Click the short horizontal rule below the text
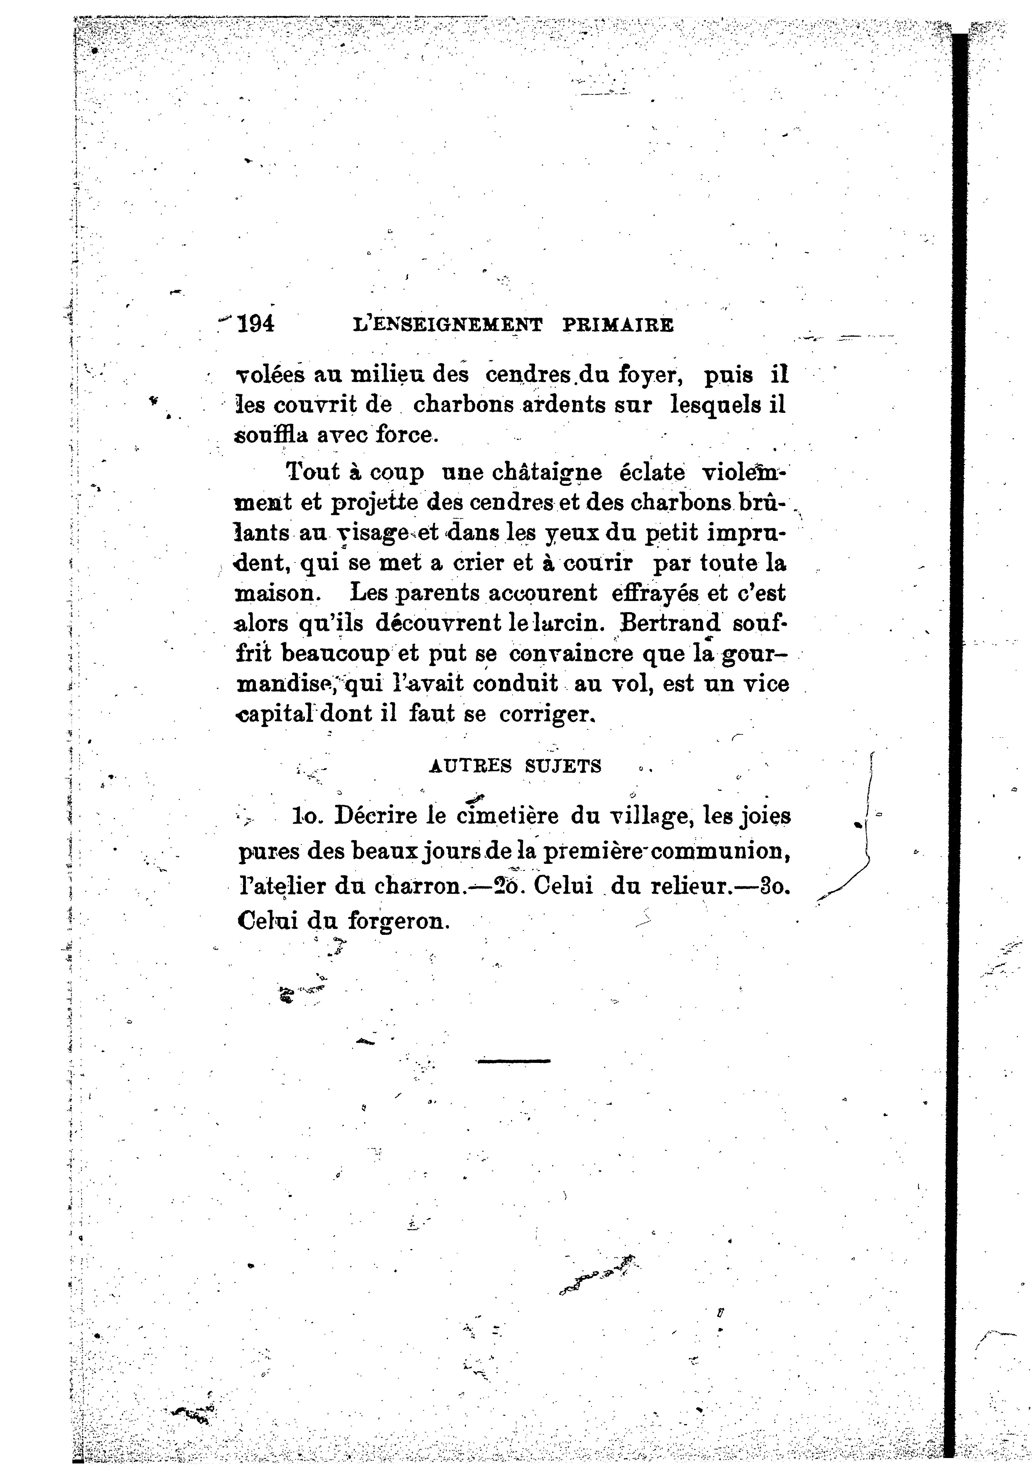[x=513, y=1061]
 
